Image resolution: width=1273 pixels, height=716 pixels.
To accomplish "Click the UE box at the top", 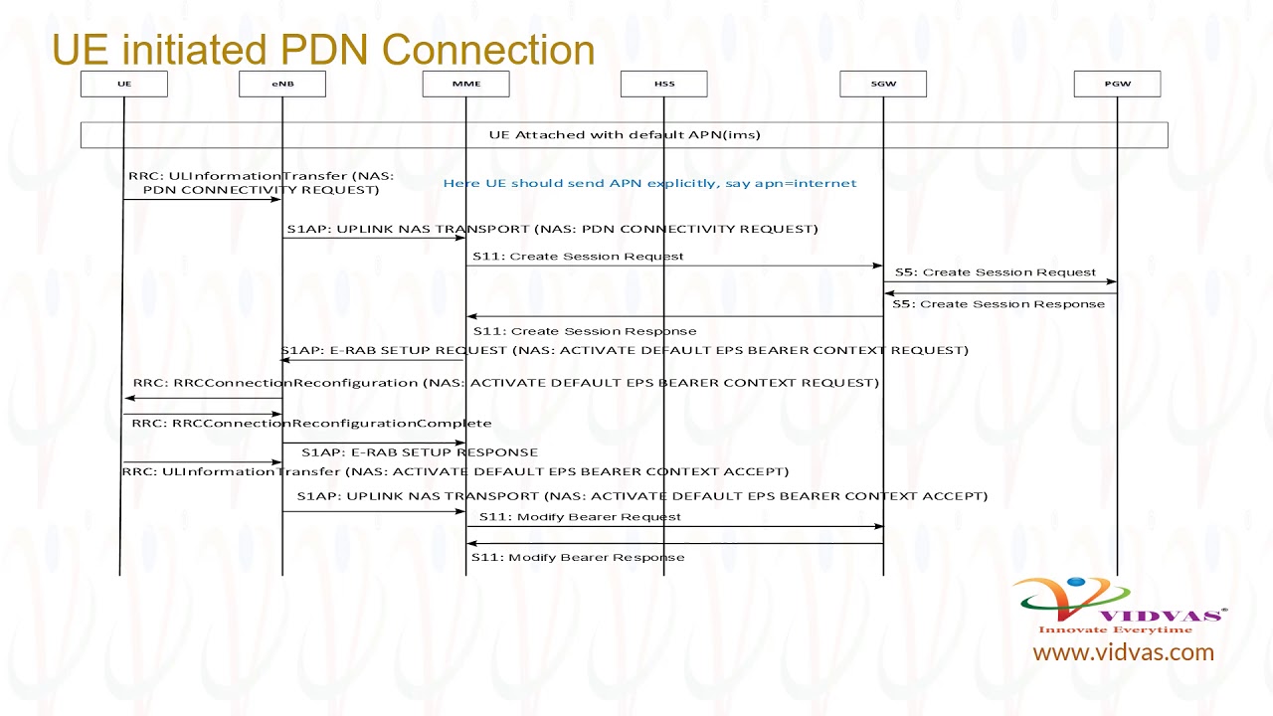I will click(124, 85).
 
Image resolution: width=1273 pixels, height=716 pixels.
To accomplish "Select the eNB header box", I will click(282, 85).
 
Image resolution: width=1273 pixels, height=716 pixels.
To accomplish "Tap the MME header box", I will click(465, 85).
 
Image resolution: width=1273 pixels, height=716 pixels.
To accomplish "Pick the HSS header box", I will click(664, 85).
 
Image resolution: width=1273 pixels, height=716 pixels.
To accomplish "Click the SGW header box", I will click(883, 85).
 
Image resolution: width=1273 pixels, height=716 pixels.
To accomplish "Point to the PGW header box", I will click(1117, 85).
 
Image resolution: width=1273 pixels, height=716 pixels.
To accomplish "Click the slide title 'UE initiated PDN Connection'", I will click(323, 50).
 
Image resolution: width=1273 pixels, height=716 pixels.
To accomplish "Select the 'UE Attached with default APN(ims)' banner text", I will click(625, 135).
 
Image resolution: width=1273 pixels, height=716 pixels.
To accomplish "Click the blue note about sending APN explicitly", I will click(649, 183).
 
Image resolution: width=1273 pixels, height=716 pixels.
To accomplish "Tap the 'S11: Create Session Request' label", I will click(578, 257).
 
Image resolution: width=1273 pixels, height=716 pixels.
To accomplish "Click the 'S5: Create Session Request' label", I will click(995, 272).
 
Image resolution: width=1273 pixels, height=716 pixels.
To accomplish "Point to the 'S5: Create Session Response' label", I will click(998, 304).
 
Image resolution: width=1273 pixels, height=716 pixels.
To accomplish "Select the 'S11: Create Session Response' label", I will click(585, 331).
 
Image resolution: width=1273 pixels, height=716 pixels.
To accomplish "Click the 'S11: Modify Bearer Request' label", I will click(580, 517).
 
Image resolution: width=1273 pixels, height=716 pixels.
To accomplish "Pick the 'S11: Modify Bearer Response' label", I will click(578, 558).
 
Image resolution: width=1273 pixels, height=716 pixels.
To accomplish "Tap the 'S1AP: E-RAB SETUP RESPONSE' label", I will click(420, 452).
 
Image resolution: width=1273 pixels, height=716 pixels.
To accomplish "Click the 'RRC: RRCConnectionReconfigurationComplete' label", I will click(311, 424).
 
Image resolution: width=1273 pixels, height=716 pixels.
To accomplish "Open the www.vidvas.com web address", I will click(1123, 653).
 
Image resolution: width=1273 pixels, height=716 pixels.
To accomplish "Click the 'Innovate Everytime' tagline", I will click(1115, 629).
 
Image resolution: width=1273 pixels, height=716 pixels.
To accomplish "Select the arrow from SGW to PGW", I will click(1000, 282).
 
